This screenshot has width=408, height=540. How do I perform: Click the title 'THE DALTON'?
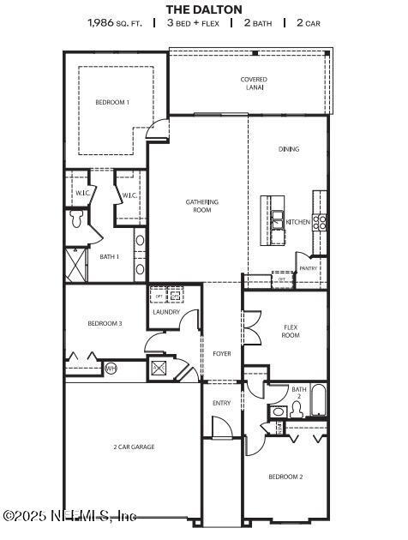[204, 9]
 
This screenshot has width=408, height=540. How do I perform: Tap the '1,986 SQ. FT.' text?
[116, 24]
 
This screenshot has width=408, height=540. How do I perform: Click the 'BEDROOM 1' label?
[112, 102]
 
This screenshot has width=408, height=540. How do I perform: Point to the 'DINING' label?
[289, 149]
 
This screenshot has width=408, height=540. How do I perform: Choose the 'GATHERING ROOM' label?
[202, 206]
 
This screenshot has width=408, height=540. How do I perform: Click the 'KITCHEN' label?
[298, 222]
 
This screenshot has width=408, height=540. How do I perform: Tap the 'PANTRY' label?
[309, 268]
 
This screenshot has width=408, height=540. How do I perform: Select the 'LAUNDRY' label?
[166, 312]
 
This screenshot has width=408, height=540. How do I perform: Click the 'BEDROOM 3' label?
[105, 323]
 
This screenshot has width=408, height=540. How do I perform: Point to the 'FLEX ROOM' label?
[291, 331]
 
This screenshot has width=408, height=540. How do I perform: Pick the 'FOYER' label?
[221, 353]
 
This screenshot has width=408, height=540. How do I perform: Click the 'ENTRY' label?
[221, 403]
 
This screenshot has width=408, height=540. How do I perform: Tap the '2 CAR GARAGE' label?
[134, 447]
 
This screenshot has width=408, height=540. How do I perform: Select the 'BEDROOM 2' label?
[285, 477]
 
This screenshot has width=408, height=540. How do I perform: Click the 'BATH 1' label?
[109, 256]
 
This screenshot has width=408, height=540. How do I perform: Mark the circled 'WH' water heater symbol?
[111, 369]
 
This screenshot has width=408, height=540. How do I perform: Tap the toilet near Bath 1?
[76, 219]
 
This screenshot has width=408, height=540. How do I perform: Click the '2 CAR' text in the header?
[307, 24]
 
